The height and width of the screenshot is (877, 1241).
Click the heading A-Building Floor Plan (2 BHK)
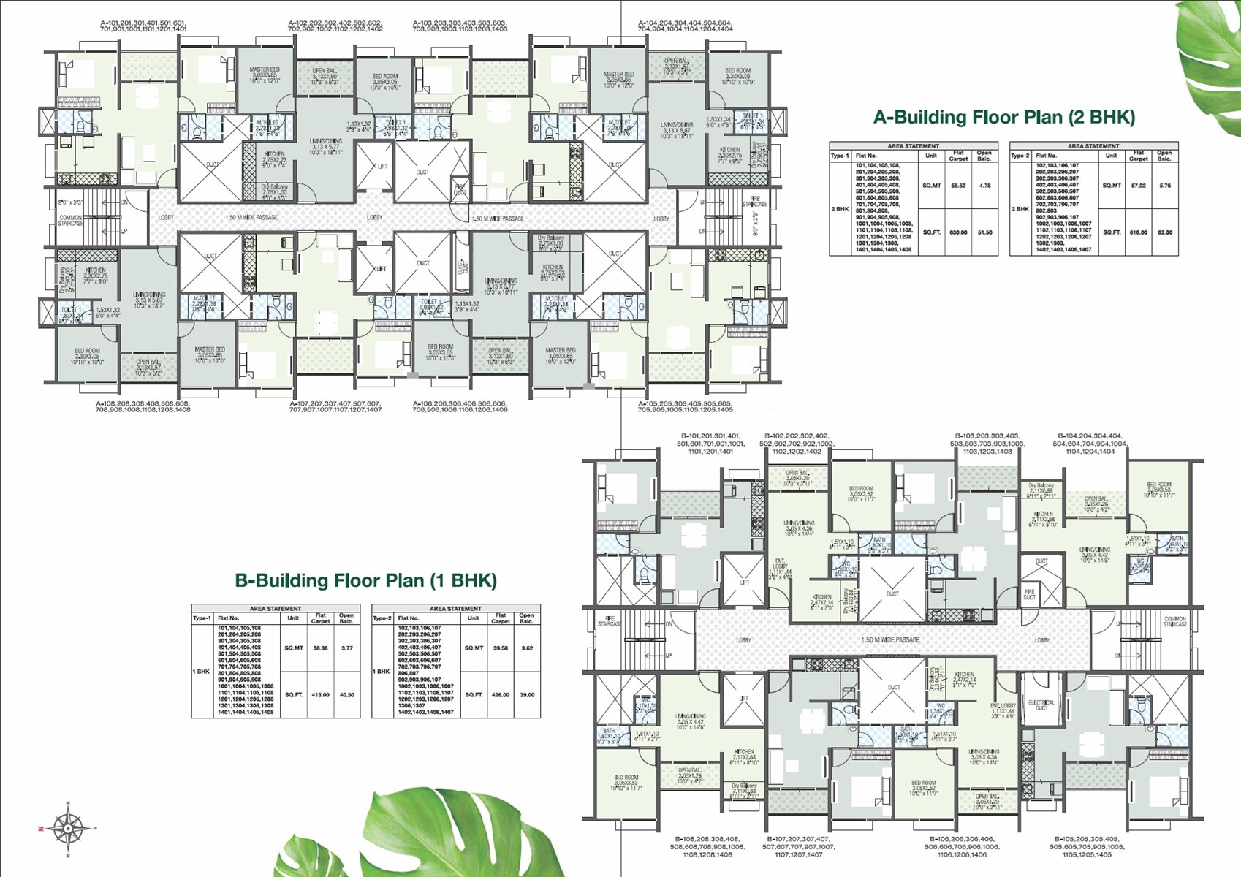coord(1004,118)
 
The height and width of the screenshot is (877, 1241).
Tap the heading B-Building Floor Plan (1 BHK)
coord(365,580)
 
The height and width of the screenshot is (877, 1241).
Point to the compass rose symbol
coord(67,829)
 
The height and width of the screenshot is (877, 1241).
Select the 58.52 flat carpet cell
coord(958,186)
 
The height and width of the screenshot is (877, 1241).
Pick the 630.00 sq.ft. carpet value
coord(958,232)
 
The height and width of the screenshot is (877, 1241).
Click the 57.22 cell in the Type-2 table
coord(1138,186)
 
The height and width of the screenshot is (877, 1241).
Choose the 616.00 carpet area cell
coord(1138,232)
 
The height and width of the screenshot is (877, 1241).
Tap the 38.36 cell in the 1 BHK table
coord(320,648)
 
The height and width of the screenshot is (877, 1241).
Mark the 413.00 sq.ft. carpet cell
coord(320,695)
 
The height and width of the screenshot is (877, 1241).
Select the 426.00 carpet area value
coord(501,695)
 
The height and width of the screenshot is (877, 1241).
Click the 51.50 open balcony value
coord(984,232)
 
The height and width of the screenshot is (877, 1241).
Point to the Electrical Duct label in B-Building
coord(1041,705)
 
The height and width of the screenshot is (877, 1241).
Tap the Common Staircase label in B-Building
coord(1174,622)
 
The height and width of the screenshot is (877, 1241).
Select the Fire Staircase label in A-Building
coord(755,202)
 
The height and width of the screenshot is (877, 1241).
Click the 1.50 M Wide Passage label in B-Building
coord(890,640)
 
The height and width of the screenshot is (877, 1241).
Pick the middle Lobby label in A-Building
coord(375,218)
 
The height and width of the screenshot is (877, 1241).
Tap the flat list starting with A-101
coord(144,26)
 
